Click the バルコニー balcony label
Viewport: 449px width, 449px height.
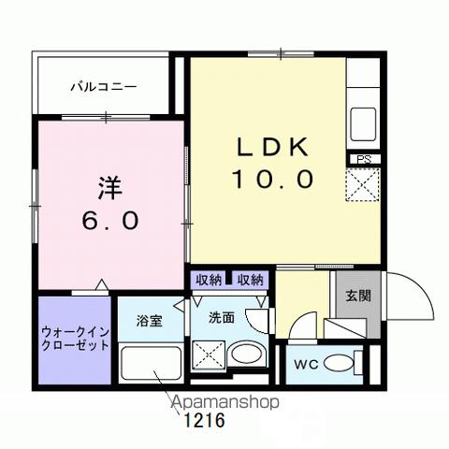pyautogui.click(x=104, y=86)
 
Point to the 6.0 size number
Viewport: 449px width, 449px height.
pyautogui.click(x=110, y=221)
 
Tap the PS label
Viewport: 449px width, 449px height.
pyautogui.click(x=364, y=160)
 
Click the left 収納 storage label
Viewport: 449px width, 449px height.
pyautogui.click(x=209, y=280)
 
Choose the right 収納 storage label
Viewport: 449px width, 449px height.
pyautogui.click(x=249, y=280)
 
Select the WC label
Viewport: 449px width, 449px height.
pyautogui.click(x=308, y=364)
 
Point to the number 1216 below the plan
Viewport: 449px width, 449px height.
pyautogui.click(x=203, y=421)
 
